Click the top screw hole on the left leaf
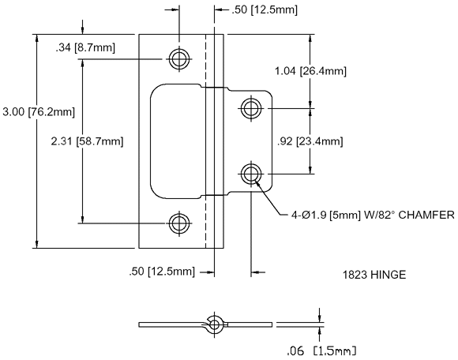coord(179,59)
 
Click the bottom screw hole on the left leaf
coord(179,223)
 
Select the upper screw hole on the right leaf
coord(251,108)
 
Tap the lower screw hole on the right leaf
coord(251,174)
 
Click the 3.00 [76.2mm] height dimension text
coord(39,112)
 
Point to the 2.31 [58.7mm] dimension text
coord(87,141)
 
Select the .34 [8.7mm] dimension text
coord(85,47)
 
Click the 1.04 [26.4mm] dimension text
coord(310,71)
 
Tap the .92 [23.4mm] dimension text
coord(310,141)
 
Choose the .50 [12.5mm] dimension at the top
coord(265,10)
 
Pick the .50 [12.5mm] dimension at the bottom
coord(162,272)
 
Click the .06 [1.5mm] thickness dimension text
coord(321,351)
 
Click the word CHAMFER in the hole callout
coord(426,216)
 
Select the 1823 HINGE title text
coord(374,275)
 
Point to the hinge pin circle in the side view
coord(215,324)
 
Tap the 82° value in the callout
coord(385,216)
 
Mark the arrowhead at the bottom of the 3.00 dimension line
coord(36,244)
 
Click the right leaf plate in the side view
coord(250,324)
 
